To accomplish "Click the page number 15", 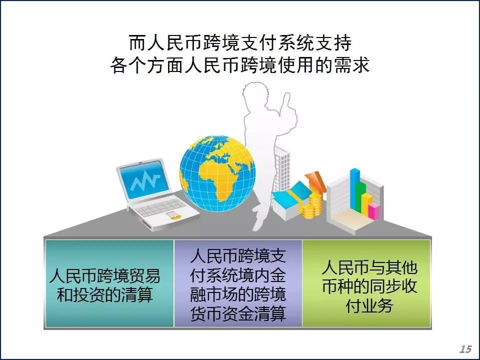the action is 465,349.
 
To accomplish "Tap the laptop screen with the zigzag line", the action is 144,180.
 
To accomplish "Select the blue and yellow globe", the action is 217,173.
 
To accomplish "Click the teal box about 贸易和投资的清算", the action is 109,283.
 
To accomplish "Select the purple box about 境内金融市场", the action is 238,283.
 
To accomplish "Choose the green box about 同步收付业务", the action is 366,283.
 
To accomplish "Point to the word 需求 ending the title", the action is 352,65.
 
